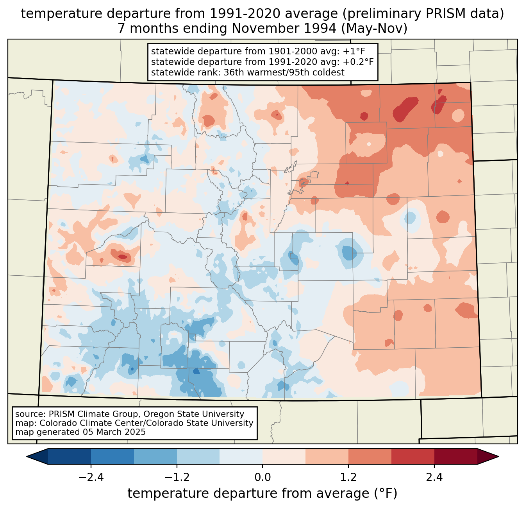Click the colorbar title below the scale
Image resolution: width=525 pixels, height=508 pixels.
click(x=262, y=494)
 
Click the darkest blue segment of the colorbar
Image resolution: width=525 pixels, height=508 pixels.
click(x=69, y=456)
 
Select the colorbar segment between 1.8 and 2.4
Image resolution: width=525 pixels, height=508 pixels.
click(x=413, y=456)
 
